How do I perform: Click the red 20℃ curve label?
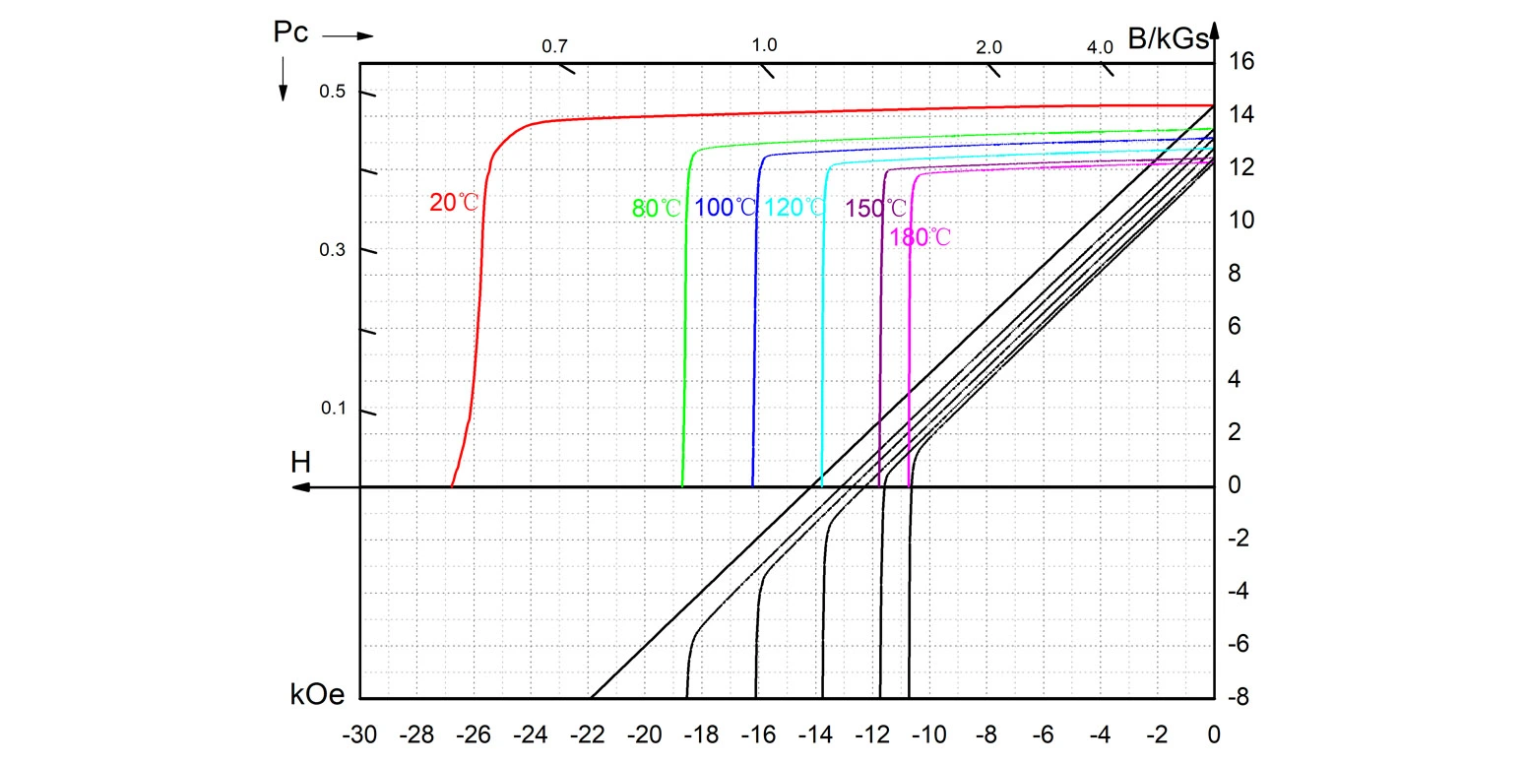[x=454, y=203]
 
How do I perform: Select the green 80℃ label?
[x=656, y=208]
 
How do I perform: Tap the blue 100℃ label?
[x=726, y=208]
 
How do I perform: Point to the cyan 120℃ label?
[x=795, y=208]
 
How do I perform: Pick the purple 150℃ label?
[x=875, y=209]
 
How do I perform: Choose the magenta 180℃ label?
[x=920, y=237]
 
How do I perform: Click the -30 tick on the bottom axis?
[x=359, y=734]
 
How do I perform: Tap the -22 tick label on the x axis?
[x=588, y=734]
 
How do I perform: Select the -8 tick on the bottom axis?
[x=986, y=734]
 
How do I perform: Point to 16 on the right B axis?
[x=1240, y=61]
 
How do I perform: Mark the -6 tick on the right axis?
[x=1240, y=644]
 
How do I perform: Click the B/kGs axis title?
[x=1168, y=39]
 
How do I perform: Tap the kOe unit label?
[x=317, y=695]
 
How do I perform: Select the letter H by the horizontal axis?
[x=300, y=462]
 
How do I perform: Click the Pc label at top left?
[x=290, y=32]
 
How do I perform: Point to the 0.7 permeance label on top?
[x=555, y=46]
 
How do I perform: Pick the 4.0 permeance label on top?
[x=1100, y=47]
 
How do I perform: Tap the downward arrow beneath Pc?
[x=283, y=79]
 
